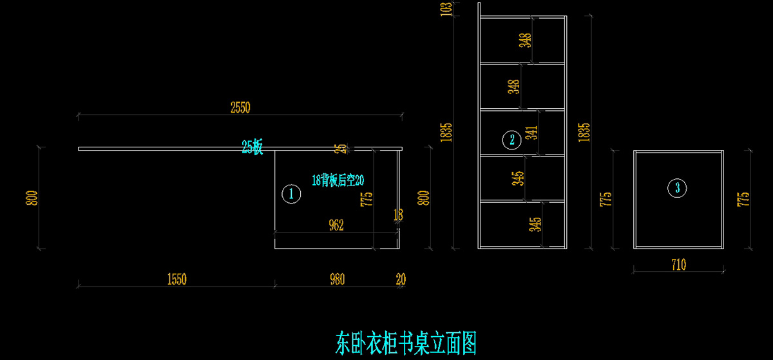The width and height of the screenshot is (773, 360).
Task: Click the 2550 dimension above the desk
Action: coord(240,108)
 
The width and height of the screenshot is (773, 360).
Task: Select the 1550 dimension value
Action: coord(176,279)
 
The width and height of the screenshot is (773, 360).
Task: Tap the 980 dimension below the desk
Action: coord(336,279)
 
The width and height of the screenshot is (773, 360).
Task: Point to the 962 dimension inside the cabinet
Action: coord(336,225)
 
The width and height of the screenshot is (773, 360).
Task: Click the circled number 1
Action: coord(291,193)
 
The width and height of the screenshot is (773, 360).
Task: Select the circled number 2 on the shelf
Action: coord(511,139)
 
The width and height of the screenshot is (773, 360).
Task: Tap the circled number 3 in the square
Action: coord(677,188)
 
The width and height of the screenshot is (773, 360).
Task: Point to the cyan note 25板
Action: coord(253,147)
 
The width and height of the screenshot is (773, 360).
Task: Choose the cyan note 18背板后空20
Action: coord(338,180)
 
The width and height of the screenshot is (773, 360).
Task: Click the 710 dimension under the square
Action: coord(678,265)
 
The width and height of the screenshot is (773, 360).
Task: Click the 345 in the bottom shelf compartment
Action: coord(535,224)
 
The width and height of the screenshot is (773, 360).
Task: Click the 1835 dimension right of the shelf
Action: coord(584,132)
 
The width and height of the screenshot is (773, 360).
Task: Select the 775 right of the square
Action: coord(743,198)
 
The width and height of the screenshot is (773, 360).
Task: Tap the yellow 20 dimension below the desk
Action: coord(401,279)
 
